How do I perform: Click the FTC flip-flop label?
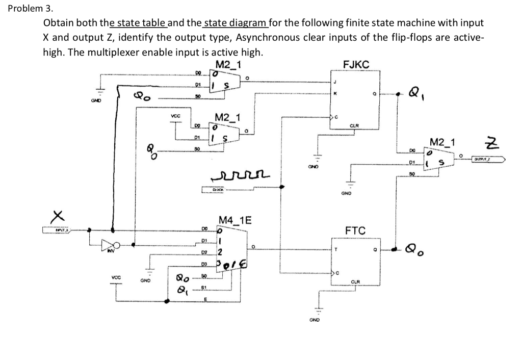355,231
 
